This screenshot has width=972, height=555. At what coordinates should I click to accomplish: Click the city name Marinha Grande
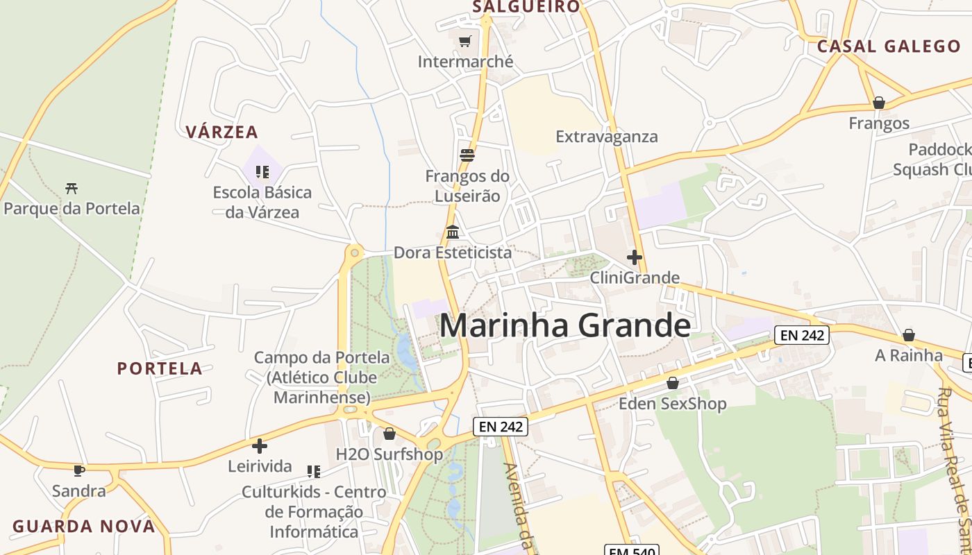tap(565, 325)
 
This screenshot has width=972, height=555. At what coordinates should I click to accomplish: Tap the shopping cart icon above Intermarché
tap(465, 41)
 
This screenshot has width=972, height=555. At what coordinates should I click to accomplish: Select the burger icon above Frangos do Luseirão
tap(467, 155)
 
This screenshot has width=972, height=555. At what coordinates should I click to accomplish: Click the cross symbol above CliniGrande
tap(634, 257)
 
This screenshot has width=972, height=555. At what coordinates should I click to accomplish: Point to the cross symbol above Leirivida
tap(260, 446)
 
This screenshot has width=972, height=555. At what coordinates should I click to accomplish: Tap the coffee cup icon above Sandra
tap(79, 470)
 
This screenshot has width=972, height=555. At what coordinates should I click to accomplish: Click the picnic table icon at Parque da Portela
tap(72, 188)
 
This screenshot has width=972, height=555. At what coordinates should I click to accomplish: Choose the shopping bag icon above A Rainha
tap(908, 336)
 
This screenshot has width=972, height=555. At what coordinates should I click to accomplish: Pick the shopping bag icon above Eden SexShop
tap(672, 383)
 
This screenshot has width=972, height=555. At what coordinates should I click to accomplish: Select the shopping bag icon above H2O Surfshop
tap(389, 434)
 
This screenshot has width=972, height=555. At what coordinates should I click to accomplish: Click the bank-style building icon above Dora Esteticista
tap(453, 232)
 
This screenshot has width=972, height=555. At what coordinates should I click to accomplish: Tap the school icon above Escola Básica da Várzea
tap(262, 171)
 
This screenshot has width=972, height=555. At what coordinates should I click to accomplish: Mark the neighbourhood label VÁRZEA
tap(221, 132)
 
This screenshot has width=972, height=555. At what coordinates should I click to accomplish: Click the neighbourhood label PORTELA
tap(160, 368)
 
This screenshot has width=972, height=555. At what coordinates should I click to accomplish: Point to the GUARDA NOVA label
tap(84, 527)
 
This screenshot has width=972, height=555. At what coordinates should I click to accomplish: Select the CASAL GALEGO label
tap(889, 46)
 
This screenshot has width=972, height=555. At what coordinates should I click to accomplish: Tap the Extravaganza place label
tap(607, 137)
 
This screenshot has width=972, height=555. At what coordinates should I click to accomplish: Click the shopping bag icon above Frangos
tap(879, 103)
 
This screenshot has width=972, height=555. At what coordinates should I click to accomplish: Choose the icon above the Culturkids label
tap(314, 472)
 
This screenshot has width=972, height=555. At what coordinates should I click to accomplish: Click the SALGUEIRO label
tap(526, 7)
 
